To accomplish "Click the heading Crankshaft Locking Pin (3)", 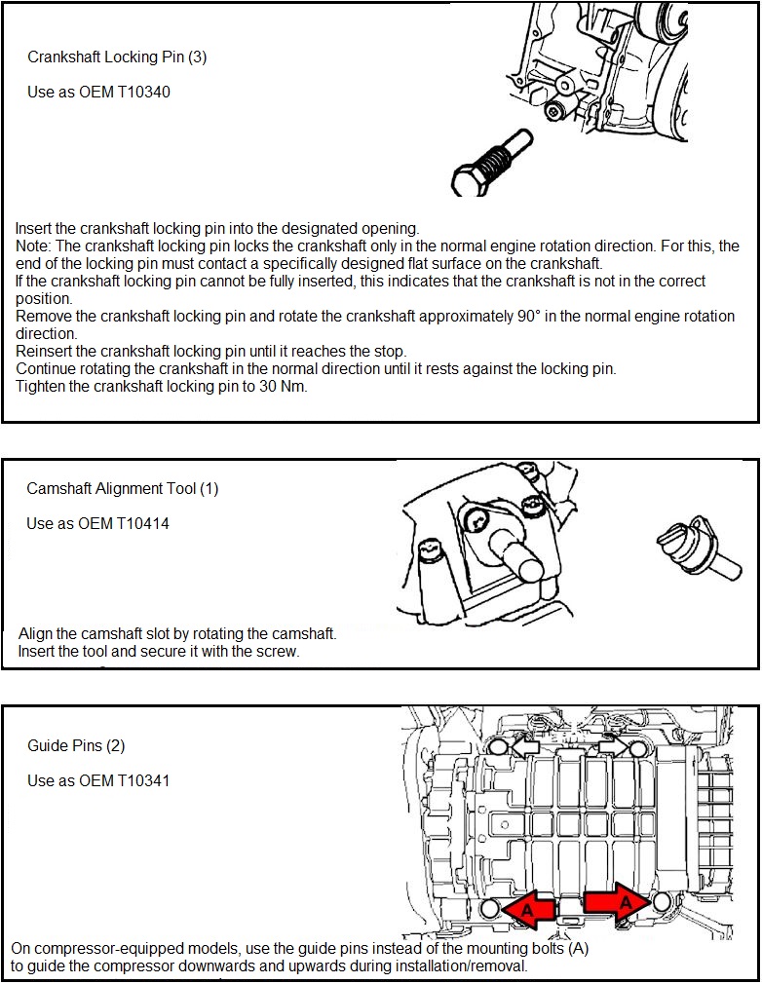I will (117, 57).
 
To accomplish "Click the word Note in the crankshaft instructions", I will (33, 246).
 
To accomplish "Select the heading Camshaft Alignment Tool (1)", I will (123, 489).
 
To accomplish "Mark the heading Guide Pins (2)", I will (76, 746).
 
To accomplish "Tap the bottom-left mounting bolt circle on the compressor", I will (491, 908).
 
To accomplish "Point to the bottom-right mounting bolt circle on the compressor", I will (661, 902).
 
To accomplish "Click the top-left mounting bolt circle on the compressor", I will (496, 748).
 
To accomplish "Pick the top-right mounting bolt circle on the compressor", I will (638, 748).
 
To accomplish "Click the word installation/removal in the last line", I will (455, 966).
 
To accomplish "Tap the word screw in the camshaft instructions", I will (279, 651).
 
